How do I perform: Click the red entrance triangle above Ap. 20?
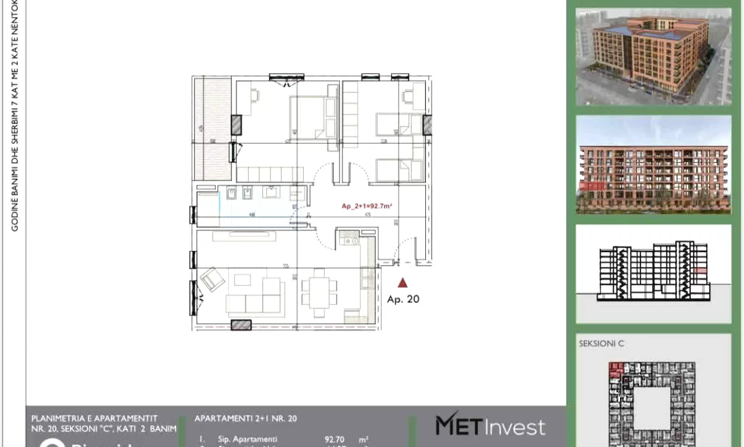pyautogui.click(x=402, y=282)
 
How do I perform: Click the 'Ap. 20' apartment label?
pyautogui.click(x=403, y=299)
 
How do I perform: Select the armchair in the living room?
pyautogui.click(x=212, y=279)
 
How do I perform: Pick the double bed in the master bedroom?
pyautogui.click(x=314, y=118)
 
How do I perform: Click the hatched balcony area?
pyautogui.click(x=213, y=127)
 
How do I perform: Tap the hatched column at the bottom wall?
pyautogui.click(x=241, y=325)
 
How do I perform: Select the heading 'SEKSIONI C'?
pyautogui.click(x=601, y=343)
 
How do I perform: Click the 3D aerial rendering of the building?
pyautogui.click(x=644, y=56)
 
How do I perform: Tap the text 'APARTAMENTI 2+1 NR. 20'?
pyautogui.click(x=246, y=419)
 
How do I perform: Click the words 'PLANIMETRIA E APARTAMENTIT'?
pyautogui.click(x=94, y=418)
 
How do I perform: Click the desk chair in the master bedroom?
pyautogui.click(x=255, y=95)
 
